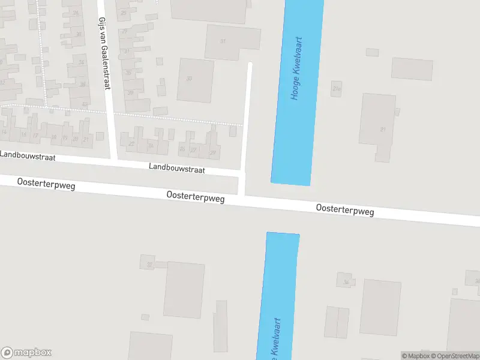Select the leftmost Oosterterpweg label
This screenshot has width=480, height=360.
click(x=46, y=184)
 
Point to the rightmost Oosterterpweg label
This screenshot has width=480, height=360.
click(x=345, y=211)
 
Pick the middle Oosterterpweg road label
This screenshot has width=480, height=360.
click(x=196, y=196)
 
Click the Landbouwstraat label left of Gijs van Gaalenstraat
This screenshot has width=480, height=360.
click(x=28, y=156)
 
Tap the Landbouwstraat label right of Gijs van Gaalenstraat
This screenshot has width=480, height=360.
click(x=177, y=169)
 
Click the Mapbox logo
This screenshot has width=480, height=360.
click(x=26, y=353)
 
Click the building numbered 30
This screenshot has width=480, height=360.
click(x=195, y=80)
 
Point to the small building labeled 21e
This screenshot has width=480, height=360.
click(x=336, y=89)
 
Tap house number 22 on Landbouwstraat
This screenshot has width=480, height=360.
click(x=131, y=143)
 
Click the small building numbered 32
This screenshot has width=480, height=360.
click(x=148, y=262)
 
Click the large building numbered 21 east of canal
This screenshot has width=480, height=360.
click(x=377, y=127)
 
